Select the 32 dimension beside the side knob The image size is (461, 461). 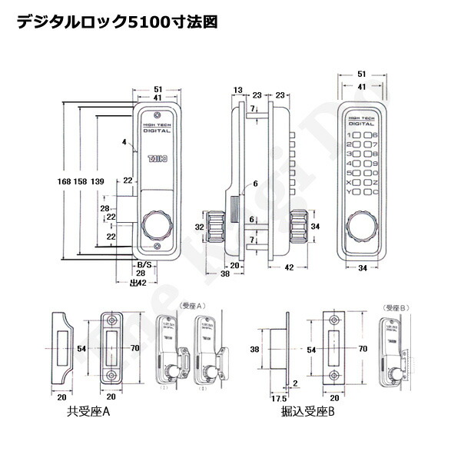tap(198, 227)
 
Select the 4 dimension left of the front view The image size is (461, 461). tap(122, 141)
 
